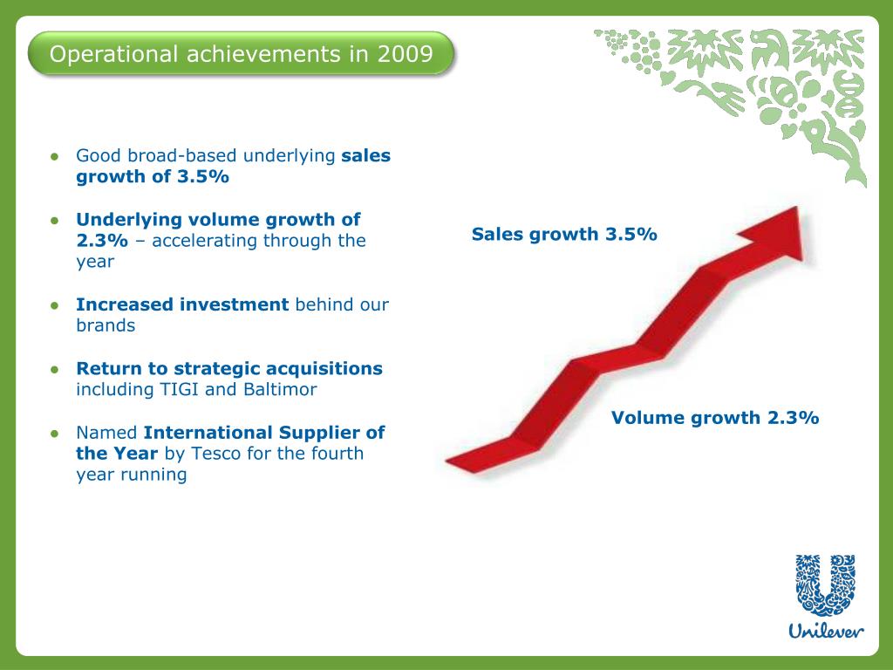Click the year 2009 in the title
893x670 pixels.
point(406,55)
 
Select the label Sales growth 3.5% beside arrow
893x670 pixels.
point(564,234)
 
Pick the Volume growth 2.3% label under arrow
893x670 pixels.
point(715,417)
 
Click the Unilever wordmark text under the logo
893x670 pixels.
point(825,630)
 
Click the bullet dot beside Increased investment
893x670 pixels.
point(54,305)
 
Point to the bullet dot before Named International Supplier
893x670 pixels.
point(54,433)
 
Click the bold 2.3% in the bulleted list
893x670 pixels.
point(101,241)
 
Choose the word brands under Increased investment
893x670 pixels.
point(106,325)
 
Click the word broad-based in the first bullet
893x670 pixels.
point(182,156)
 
